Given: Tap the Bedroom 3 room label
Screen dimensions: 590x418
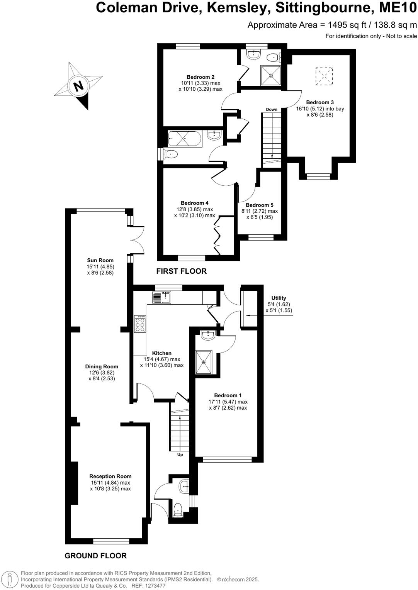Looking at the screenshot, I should (x=320, y=102).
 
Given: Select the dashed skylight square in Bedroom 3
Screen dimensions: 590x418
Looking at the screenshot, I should (x=324, y=76).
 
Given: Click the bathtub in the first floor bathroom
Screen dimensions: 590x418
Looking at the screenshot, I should (x=185, y=138).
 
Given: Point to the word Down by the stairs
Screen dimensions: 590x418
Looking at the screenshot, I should (x=272, y=109).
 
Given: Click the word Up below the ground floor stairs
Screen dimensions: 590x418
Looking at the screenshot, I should (x=180, y=454).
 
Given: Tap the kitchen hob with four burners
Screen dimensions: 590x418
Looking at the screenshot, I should (x=140, y=324).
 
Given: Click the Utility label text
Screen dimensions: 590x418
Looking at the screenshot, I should (x=279, y=298).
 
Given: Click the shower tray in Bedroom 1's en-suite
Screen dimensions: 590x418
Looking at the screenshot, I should (x=204, y=362).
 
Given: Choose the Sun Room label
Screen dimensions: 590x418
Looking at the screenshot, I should (x=100, y=260).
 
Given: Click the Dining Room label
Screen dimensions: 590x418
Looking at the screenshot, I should (x=102, y=366).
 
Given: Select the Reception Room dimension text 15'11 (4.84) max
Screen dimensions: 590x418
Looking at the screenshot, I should (x=110, y=483).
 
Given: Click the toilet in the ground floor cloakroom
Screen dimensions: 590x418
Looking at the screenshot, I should (x=178, y=509).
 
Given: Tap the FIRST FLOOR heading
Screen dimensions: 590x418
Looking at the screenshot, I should (x=181, y=271).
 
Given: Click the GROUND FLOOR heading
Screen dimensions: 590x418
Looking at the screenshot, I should (x=95, y=556).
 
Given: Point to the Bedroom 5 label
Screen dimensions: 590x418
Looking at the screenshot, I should (x=260, y=205).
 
